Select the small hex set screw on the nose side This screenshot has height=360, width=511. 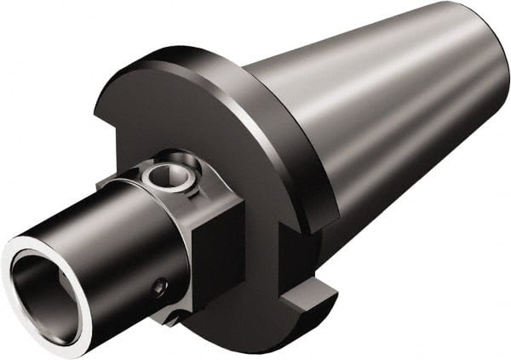159,289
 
